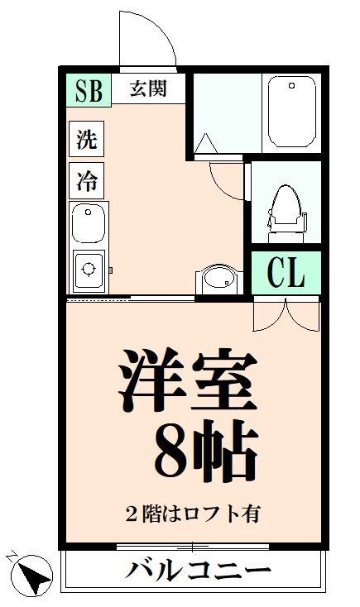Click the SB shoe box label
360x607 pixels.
click(x=88, y=91)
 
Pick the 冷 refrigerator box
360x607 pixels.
click(x=86, y=180)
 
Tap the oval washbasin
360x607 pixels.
click(x=219, y=278)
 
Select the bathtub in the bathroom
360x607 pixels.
click(x=291, y=112)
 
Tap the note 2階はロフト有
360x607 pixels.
click(x=192, y=513)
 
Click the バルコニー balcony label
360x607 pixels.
click(x=199, y=570)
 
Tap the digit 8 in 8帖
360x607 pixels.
click(x=172, y=452)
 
